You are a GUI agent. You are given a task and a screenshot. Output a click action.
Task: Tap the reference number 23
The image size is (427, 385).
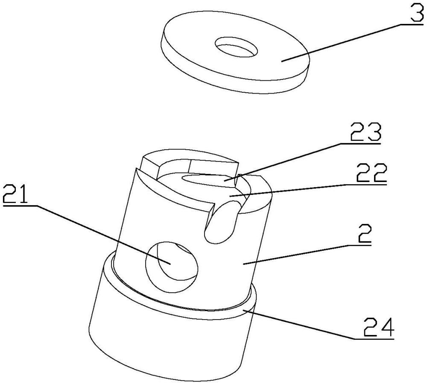(366, 132)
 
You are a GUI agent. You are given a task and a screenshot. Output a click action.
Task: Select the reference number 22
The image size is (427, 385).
(371, 173)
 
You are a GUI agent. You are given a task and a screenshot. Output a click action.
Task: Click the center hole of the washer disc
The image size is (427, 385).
(236, 47)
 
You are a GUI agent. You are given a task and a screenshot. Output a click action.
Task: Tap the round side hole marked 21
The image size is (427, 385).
(172, 267)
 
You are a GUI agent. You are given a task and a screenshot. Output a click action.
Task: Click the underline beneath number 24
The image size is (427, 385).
(374, 339)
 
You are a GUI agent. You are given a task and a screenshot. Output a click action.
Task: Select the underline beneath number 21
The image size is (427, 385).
(20, 206)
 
